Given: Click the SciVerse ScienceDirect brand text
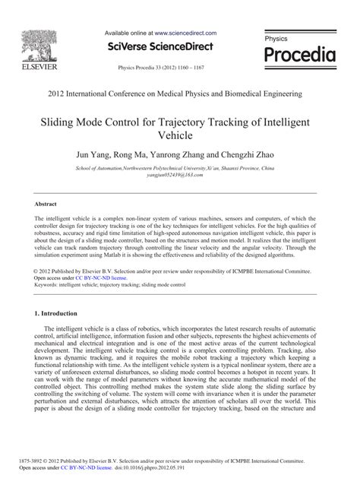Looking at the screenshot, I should [160, 47].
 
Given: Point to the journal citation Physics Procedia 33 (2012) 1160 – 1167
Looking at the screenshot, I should [160, 67].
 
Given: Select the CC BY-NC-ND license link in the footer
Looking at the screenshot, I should [103, 468].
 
